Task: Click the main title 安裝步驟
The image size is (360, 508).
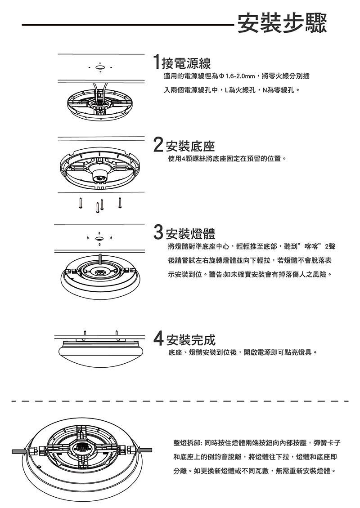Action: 282,22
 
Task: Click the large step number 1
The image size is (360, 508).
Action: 157,62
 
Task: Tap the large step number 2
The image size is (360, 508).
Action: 158,145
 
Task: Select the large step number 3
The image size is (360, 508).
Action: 158,232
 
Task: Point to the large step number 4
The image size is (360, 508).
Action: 158,338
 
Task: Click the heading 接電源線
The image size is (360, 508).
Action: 186,63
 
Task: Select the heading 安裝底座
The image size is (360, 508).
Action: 190,146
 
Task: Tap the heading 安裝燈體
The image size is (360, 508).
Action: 190,233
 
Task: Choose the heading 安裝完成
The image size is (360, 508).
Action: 190,339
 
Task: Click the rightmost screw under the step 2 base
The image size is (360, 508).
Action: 120,202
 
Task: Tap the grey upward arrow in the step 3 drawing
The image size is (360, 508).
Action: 100,260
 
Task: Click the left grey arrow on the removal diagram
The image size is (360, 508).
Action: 19,451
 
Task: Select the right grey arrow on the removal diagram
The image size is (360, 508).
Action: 144,450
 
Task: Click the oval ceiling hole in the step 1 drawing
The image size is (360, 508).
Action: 100,67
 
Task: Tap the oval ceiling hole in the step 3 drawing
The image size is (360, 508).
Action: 99,238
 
